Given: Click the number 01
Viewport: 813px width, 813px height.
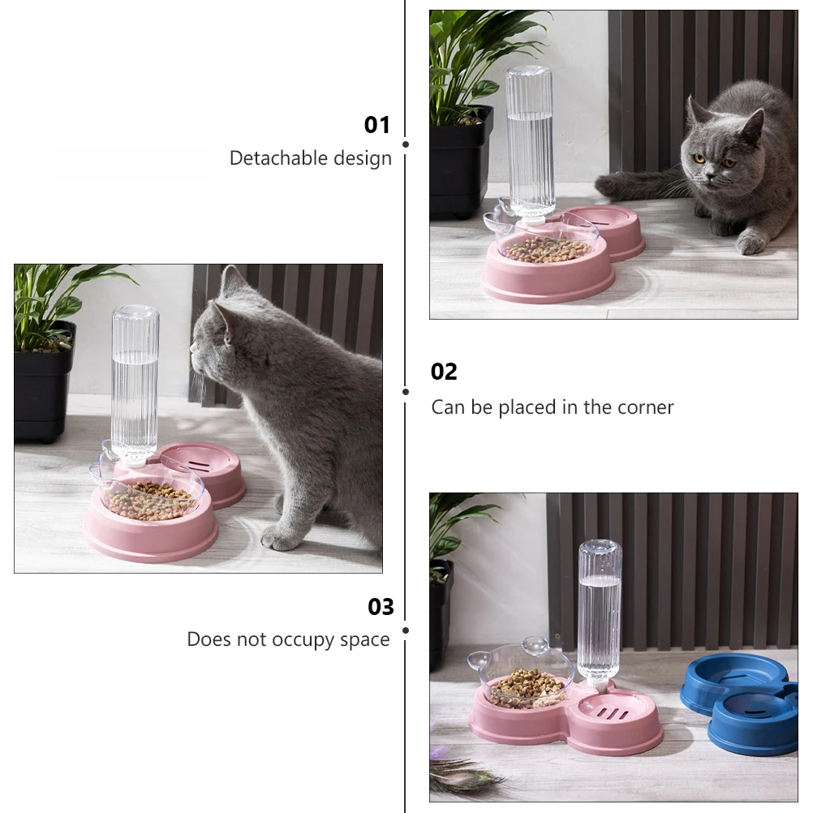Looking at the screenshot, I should (x=376, y=125).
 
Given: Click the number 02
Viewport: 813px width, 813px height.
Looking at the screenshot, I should (x=444, y=372).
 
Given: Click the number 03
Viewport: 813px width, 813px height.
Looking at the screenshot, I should (x=381, y=607).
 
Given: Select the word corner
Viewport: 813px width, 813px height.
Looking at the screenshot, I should (x=645, y=406).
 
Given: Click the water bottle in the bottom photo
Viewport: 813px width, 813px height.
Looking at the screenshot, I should (x=600, y=609).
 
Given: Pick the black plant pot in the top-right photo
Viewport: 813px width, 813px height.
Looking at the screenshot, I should (x=459, y=162).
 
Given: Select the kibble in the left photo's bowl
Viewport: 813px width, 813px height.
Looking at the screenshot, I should (x=150, y=499).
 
